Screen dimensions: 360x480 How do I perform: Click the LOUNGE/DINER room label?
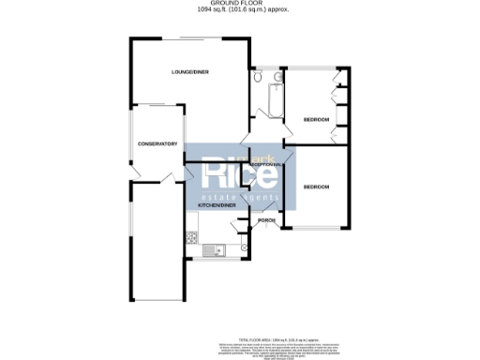pyautogui.click(x=188, y=72)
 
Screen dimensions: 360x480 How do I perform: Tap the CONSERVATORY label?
pyautogui.click(x=157, y=143)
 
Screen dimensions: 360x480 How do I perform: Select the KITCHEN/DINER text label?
pyautogui.click(x=215, y=203)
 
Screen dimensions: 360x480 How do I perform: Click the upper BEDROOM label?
pyautogui.click(x=317, y=120)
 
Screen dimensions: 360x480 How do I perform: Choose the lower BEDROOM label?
pyautogui.click(x=317, y=187)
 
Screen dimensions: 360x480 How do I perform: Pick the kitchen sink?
pyautogui.click(x=211, y=250)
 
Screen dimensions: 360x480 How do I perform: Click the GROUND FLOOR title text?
pyautogui.click(x=239, y=5)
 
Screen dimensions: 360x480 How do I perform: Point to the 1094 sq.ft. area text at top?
pyautogui.click(x=239, y=11)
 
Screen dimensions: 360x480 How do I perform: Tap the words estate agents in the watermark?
pyautogui.click(x=240, y=198)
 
